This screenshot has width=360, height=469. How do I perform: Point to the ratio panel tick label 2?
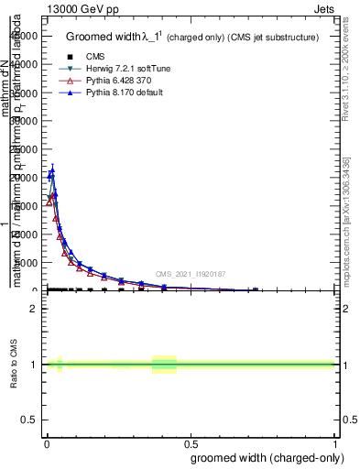(34, 309)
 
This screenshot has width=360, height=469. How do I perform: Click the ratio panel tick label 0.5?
(29, 420)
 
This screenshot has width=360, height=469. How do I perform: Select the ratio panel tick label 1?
(34, 365)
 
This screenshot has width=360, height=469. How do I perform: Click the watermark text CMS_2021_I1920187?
(190, 273)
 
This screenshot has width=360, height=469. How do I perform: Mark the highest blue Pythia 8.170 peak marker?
(52, 170)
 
